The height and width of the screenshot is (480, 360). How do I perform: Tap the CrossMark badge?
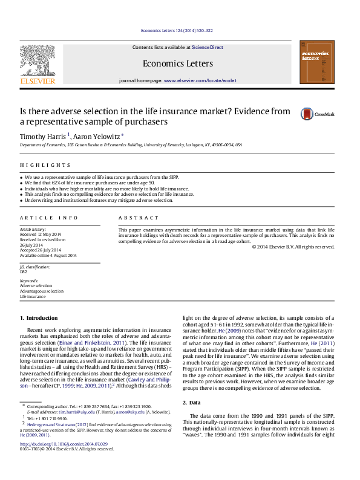[317, 114]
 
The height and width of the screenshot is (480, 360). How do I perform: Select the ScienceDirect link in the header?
[208, 47]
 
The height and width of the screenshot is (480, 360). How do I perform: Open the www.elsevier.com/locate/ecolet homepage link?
[200, 80]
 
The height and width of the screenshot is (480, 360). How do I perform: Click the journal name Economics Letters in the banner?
[178, 63]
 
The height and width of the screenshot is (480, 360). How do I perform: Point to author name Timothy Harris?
[43, 136]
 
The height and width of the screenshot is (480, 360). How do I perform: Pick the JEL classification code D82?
[24, 271]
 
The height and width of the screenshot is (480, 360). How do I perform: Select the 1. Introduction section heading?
[39, 317]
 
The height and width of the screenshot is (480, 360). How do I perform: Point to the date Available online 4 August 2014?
[48, 255]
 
